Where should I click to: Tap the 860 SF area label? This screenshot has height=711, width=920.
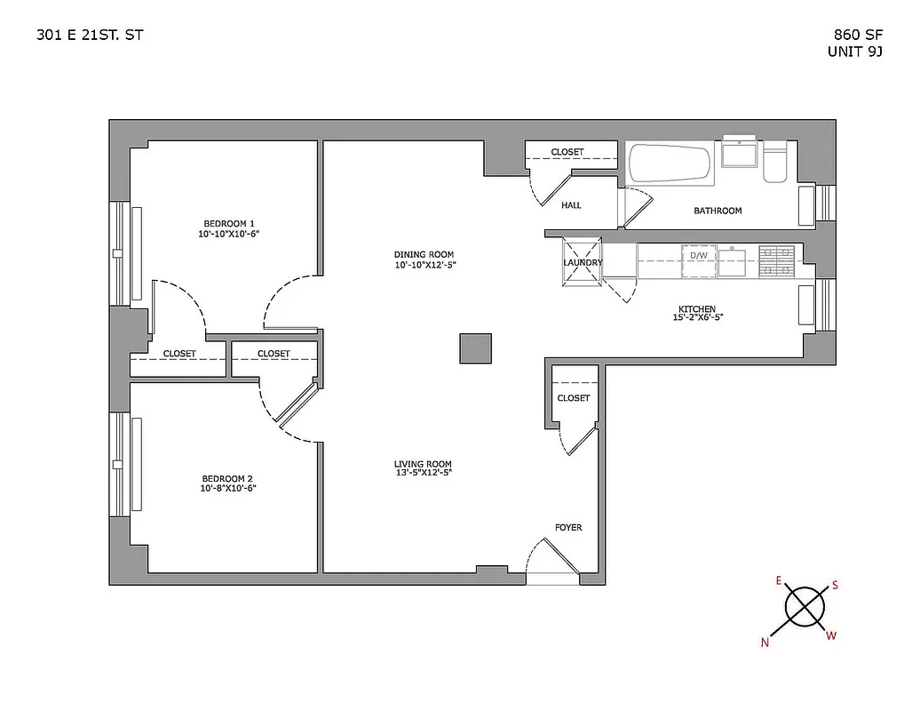point(851,36)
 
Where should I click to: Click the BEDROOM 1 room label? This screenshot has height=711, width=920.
point(228,223)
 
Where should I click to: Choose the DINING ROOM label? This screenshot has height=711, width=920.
point(424,254)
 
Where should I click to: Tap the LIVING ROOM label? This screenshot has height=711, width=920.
point(423,464)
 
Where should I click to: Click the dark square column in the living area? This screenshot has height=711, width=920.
point(475,348)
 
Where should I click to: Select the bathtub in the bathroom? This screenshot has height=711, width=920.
point(670,165)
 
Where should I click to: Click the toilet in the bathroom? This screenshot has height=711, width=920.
point(774,163)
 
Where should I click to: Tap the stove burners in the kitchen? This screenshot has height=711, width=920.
point(776,260)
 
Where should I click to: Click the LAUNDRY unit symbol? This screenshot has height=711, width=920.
point(582,262)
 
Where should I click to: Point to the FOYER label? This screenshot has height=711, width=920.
point(568,528)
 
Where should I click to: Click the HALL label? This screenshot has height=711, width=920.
point(571,205)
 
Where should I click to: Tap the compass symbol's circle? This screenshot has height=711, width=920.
point(805,608)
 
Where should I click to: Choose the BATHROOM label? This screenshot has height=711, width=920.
point(718,211)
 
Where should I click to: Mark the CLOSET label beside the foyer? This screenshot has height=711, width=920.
point(573,398)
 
